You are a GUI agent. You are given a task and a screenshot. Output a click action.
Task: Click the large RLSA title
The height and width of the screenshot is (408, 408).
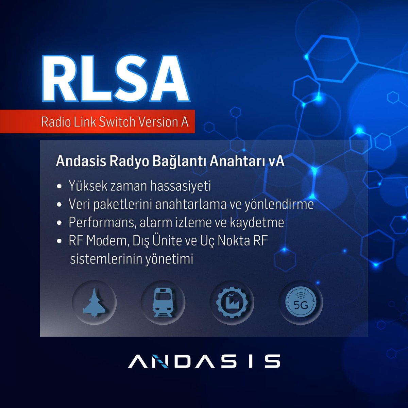(115, 79)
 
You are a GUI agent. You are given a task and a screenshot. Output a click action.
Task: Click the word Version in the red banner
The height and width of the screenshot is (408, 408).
(156, 122)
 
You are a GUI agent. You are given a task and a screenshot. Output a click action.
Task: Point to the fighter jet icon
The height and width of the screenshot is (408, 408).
(94, 302)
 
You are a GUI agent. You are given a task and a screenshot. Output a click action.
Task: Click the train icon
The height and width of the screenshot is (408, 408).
(163, 302)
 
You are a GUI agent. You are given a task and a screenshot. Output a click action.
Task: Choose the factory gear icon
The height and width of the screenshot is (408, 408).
(232, 302)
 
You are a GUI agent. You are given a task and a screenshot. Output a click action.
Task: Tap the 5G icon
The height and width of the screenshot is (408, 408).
(301, 302)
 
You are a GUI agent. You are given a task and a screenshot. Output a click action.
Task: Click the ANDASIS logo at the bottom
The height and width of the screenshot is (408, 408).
(204, 361)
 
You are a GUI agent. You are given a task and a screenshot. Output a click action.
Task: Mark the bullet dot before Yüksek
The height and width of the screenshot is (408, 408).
(60, 187)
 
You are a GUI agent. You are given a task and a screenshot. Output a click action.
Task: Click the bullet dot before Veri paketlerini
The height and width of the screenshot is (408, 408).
(60, 205)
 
